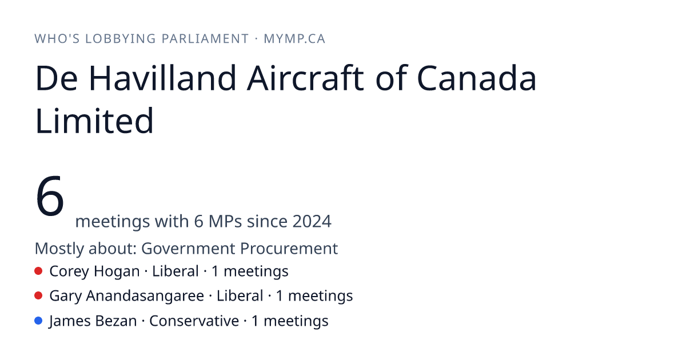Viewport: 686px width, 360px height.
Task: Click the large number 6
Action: pos(50,196)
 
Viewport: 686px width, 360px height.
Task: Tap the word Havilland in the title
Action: pos(162,78)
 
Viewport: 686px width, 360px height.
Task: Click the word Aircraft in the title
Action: pos(306,78)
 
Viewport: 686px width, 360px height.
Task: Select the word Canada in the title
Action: pos(477,78)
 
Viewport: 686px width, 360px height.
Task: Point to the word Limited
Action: pos(94,121)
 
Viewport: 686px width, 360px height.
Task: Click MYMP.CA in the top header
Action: pos(294,39)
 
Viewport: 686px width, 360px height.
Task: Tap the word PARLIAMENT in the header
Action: pos(205,39)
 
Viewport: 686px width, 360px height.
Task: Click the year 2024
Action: pos(312,221)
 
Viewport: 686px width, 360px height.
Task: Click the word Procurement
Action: pos(289,248)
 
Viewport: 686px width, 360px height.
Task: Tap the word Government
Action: pos(188,248)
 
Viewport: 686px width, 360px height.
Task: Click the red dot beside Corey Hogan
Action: pos(38,271)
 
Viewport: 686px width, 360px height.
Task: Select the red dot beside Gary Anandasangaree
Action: pos(38,296)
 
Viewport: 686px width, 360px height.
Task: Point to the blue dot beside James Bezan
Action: pos(38,321)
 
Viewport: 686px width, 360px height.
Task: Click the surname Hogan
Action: pos(117,271)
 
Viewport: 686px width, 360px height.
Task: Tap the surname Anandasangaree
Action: pos(145,296)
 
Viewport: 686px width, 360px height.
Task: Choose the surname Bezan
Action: pos(116,321)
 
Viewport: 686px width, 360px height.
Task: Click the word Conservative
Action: pos(194,321)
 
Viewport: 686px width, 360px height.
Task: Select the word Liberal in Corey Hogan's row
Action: pos(176,271)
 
